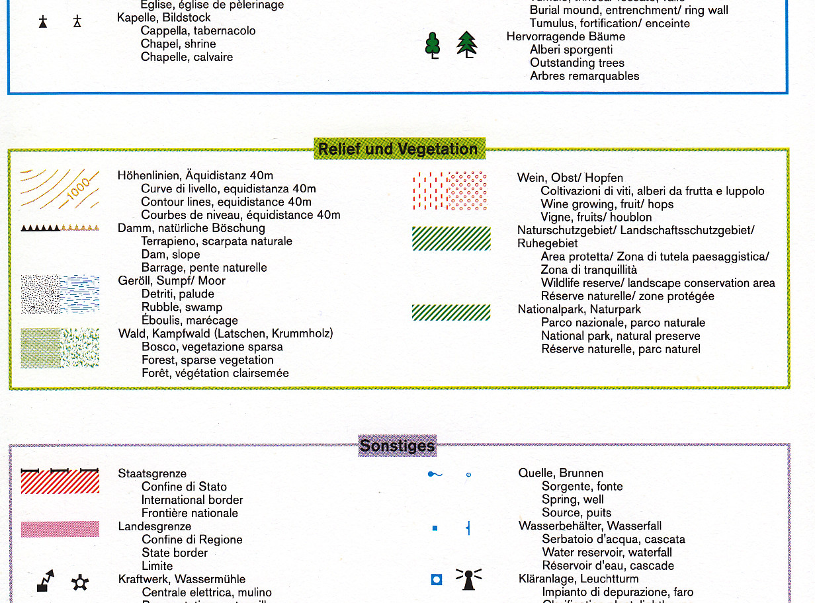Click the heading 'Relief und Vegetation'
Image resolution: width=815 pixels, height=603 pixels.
tap(398, 149)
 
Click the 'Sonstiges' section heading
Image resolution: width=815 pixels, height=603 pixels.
tap(397, 446)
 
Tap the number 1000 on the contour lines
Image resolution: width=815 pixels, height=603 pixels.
tap(78, 190)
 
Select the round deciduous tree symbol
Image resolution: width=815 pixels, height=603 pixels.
tap(433, 45)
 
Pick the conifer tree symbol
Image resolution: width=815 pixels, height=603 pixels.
tap(467, 44)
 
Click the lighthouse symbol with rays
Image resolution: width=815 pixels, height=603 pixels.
tap(468, 579)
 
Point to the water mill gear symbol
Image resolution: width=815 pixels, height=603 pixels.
tap(80, 583)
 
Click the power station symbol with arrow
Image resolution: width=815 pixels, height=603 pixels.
tap(46, 581)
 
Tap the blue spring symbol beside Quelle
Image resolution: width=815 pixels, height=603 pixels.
tap(434, 474)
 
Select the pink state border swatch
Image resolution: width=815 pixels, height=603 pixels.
tap(60, 529)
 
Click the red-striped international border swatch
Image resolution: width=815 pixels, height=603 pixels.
tap(60, 481)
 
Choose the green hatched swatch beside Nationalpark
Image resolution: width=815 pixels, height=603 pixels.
tap(451, 312)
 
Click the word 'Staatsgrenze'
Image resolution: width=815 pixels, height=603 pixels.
tap(152, 473)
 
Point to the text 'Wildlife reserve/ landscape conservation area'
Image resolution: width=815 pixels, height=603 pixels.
tap(658, 283)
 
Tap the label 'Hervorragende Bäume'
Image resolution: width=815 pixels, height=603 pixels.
tap(566, 36)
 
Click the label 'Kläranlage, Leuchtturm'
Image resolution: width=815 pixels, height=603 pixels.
tap(580, 579)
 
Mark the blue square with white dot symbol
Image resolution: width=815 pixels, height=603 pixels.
tap(436, 580)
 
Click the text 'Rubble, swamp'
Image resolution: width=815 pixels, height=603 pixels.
tap(182, 307)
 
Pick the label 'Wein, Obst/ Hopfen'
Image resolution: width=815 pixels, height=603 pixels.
tap(570, 178)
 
